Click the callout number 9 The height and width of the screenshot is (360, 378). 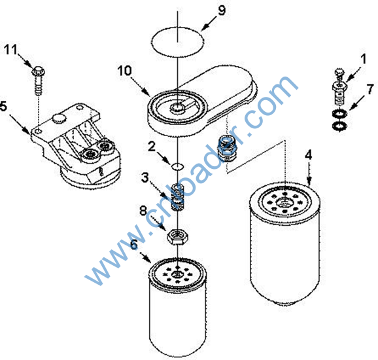click(222, 11)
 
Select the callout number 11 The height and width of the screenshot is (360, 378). click(11, 50)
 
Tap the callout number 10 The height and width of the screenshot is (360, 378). click(125, 71)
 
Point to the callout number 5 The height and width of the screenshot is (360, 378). click(3, 107)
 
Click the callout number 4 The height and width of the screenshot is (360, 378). click(308, 155)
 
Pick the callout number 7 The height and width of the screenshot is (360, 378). click(370, 89)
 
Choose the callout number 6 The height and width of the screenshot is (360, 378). click(134, 245)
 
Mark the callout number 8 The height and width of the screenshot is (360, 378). click(143, 211)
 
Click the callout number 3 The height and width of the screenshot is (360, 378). click(145, 177)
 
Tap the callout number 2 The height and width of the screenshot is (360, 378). click(151, 146)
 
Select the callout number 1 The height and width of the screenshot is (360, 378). click(364, 59)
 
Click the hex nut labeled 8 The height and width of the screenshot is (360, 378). click(178, 236)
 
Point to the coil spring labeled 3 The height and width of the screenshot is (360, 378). click(178, 196)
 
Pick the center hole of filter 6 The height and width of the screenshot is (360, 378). click(177, 274)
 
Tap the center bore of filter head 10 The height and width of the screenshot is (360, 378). click(178, 107)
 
